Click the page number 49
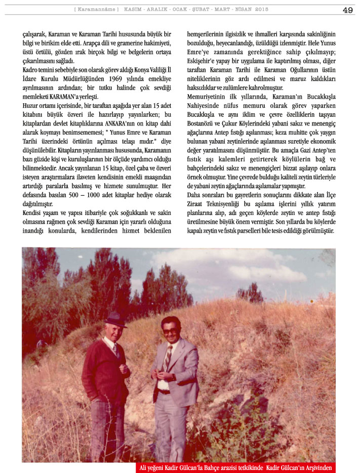tap(347, 10)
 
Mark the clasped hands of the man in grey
tap(169, 376)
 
